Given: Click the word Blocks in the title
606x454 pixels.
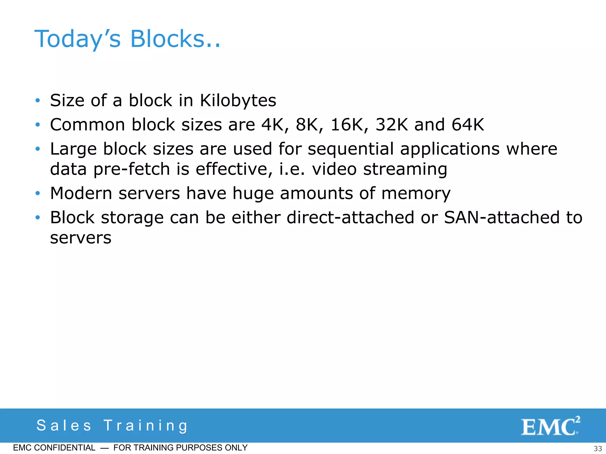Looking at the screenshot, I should tap(175, 39).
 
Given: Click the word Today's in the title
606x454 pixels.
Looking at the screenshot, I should tap(78, 39).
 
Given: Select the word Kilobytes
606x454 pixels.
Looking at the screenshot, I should tap(238, 100).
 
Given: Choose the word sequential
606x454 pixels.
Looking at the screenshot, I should tap(351, 149).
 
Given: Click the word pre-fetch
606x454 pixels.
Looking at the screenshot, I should tap(132, 169).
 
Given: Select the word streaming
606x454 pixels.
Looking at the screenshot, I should tap(405, 169).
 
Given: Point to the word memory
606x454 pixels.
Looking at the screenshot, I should tap(416, 194).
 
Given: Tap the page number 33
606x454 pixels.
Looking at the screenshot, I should tap(598, 448).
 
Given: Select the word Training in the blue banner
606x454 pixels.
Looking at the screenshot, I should tap(146, 426).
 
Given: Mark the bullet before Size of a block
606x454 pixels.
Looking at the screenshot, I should tap(38, 100).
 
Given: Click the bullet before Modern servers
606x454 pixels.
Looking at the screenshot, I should tap(38, 194).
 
